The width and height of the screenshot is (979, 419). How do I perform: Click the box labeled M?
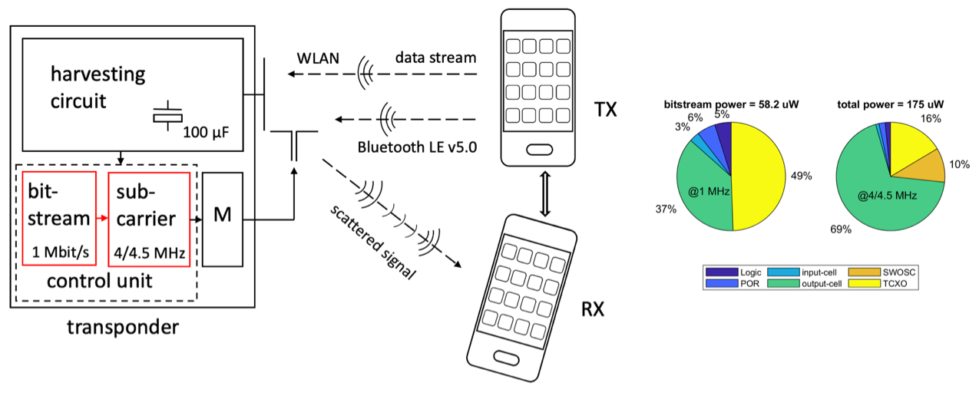tap(222, 219)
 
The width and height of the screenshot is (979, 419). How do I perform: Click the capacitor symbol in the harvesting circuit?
tap(167, 115)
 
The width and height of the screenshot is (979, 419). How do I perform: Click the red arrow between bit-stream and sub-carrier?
tap(102, 219)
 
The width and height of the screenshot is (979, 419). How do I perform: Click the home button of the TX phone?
tap(537, 147)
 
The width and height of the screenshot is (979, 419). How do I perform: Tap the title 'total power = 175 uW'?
tap(890, 104)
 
